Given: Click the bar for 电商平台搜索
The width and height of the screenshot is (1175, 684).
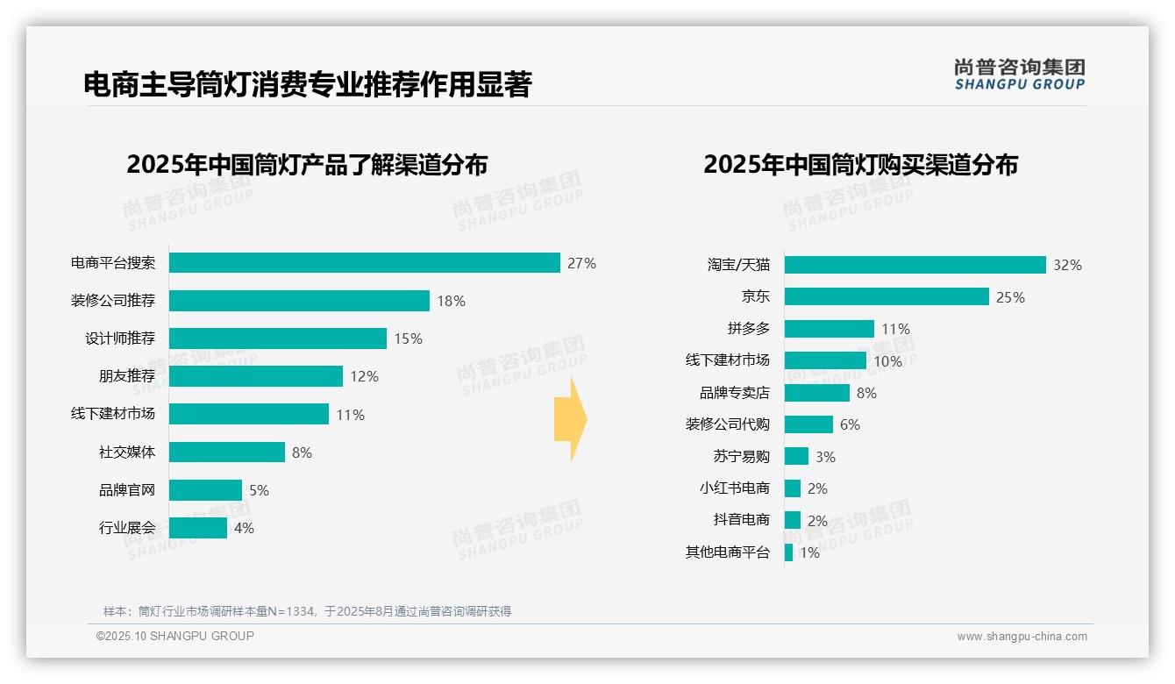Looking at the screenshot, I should [364, 263].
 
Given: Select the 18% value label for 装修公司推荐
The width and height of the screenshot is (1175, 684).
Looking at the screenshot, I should [451, 301].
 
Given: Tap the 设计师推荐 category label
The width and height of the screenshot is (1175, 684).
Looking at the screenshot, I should [120, 338].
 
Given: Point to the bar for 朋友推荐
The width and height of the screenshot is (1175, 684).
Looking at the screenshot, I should [255, 376].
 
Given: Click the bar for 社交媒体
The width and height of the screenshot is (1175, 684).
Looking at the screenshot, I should [226, 452].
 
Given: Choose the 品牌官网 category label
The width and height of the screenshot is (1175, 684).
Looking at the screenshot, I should [127, 490].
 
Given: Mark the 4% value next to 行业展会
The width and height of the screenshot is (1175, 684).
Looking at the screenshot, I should [244, 528].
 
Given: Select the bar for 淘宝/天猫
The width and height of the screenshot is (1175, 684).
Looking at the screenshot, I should [915, 265].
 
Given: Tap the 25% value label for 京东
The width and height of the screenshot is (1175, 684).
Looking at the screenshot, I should [1010, 297].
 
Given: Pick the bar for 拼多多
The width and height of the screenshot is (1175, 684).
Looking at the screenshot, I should [829, 329].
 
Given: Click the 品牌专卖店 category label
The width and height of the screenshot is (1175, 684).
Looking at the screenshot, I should [735, 393].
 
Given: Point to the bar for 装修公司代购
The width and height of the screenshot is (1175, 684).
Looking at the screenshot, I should [808, 424].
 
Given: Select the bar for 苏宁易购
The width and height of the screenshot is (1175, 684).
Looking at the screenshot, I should [796, 456].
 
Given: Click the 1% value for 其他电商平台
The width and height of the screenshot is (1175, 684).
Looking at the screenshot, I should [809, 552].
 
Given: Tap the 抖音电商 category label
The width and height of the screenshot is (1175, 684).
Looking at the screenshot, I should [742, 520].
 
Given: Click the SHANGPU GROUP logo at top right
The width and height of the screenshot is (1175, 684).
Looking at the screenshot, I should [1020, 74].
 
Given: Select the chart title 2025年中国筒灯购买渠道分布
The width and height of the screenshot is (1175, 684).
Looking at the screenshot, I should [860, 165].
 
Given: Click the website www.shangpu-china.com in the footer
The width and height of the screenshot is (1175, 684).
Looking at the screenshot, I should [1022, 637].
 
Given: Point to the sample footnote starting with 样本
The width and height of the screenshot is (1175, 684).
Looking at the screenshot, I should [307, 611].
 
